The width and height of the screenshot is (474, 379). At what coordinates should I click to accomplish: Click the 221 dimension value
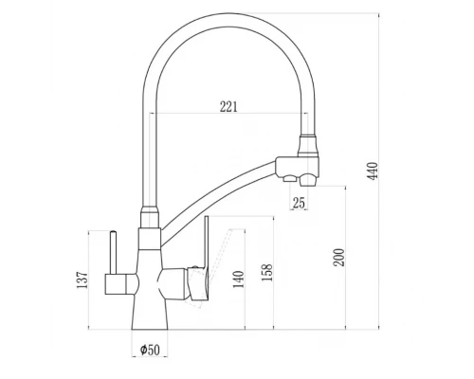228,106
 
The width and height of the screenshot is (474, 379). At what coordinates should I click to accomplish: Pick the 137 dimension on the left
83,280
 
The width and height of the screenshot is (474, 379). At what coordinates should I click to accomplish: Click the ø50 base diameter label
149,349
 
